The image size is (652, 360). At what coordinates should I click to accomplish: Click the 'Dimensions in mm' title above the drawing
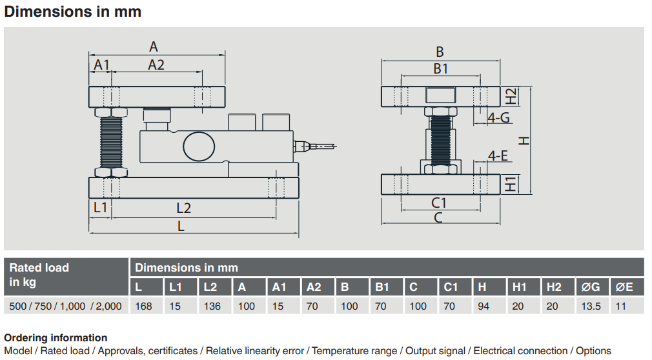click(x=73, y=12)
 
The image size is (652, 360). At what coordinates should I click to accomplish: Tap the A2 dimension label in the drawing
click(x=156, y=65)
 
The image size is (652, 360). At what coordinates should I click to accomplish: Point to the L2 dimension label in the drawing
click(x=183, y=208)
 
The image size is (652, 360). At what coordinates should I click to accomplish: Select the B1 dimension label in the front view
click(x=440, y=68)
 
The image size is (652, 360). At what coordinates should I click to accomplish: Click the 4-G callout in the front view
click(x=498, y=118)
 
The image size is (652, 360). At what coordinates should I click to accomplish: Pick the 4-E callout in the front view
click(x=498, y=156)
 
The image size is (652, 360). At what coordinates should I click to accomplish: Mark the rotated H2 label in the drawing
click(x=511, y=96)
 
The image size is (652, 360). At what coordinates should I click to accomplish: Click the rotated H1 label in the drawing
click(x=511, y=184)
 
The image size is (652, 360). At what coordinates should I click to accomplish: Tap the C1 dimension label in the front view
click(x=439, y=203)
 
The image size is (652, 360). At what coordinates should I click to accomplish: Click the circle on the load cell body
click(x=199, y=146)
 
